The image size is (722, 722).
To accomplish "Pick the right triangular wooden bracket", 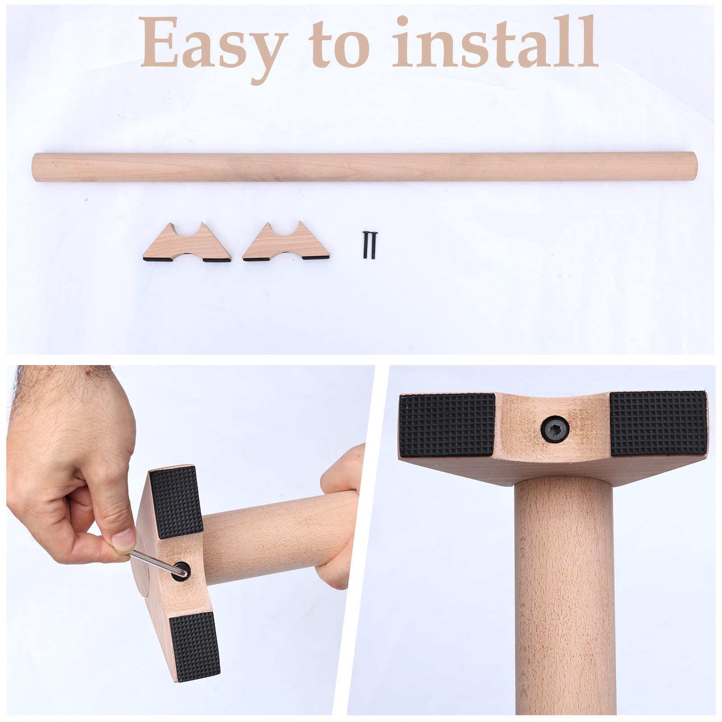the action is (287, 244).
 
